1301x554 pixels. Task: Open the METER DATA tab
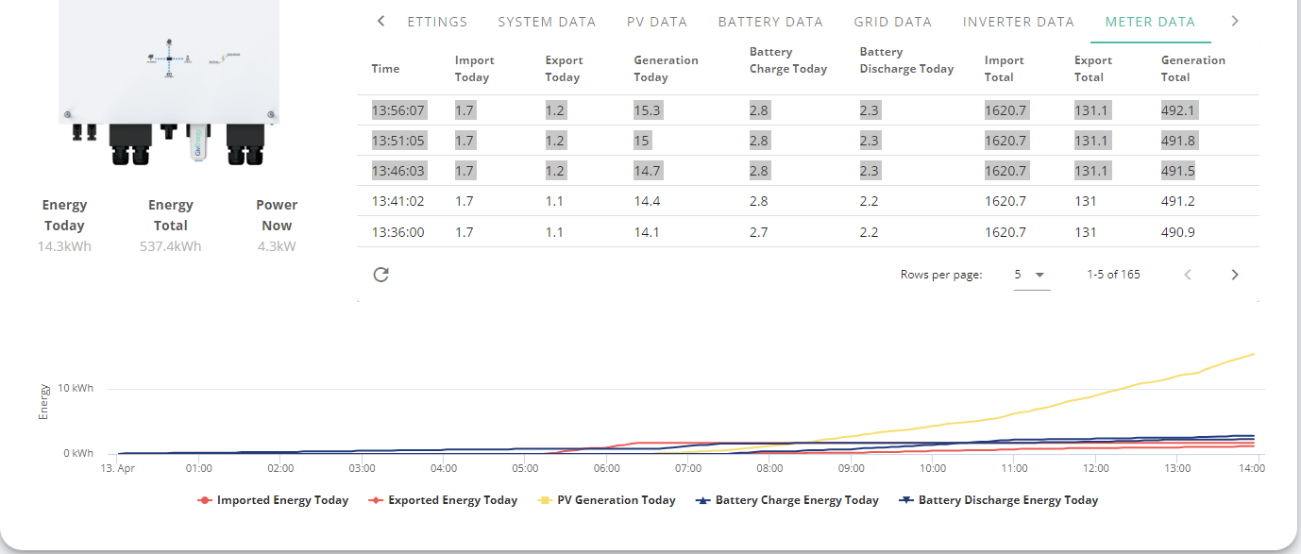[x=1150, y=22]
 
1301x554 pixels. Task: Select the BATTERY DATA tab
[x=770, y=22]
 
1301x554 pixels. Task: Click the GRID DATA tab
[x=893, y=22]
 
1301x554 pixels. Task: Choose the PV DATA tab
[x=657, y=22]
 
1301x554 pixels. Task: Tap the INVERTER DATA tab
[x=1018, y=22]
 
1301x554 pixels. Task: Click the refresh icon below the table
[x=381, y=275]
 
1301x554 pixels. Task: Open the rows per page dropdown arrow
[x=1039, y=275]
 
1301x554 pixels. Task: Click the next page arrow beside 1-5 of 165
[x=1235, y=275]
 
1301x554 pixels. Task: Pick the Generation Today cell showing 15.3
[x=647, y=110]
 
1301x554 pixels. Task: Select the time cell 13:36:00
[x=397, y=232]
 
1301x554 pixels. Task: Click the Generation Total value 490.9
[x=1178, y=232]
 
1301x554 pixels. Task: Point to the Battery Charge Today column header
[x=788, y=60]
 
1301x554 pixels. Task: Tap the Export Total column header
[x=1093, y=69]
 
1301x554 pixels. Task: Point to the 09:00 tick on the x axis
[x=851, y=468]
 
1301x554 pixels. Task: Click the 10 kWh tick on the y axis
[x=75, y=388]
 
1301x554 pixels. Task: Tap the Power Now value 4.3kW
[x=277, y=246]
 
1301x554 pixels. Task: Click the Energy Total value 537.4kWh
[x=170, y=246]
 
